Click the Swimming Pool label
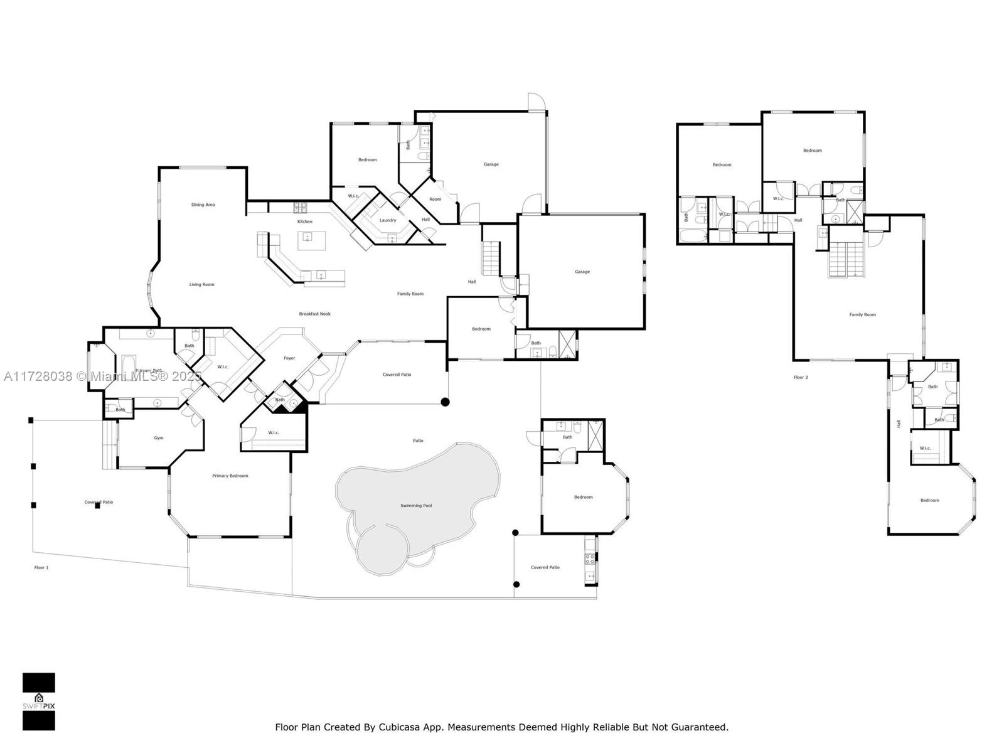(x=416, y=506)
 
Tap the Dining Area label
(x=203, y=205)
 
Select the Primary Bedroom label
(x=230, y=476)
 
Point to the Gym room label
(x=159, y=438)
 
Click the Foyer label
(x=289, y=358)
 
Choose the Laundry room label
(x=388, y=220)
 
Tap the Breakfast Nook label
(x=314, y=314)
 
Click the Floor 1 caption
(x=41, y=567)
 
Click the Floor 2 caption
(x=801, y=378)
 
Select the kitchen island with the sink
(x=312, y=240)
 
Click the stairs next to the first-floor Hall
(x=491, y=259)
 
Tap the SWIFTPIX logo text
(x=39, y=706)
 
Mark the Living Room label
(x=202, y=285)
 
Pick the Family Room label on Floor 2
(x=862, y=315)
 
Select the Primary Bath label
(x=149, y=371)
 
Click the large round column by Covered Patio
(x=445, y=402)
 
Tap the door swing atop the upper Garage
(x=535, y=102)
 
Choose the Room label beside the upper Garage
(x=435, y=200)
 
